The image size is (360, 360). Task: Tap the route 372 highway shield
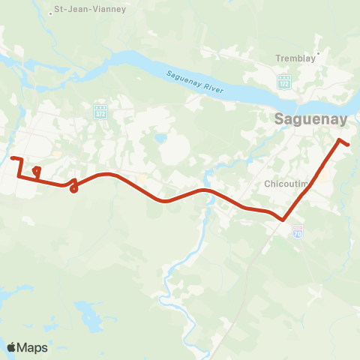(x=100, y=112)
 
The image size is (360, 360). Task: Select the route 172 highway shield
(x=284, y=80)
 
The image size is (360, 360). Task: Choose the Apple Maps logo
(x=27, y=347)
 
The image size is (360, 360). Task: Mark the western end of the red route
(x=13, y=157)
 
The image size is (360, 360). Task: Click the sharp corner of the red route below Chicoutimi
(x=283, y=220)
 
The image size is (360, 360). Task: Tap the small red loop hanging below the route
(x=73, y=187)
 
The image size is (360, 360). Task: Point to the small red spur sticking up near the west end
(x=36, y=171)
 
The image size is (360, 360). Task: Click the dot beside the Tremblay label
(x=319, y=53)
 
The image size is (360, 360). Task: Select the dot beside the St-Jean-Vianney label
(x=50, y=13)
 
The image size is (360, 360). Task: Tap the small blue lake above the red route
(x=160, y=139)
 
